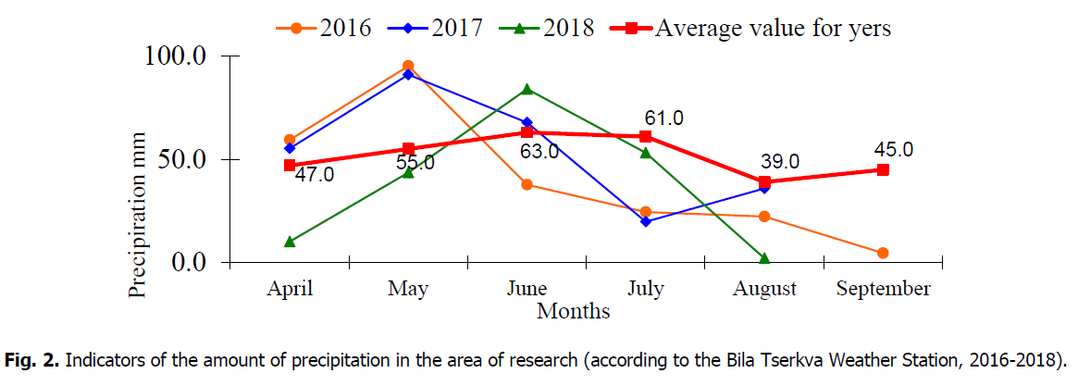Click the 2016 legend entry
tap(325, 28)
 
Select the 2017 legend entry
tap(435, 28)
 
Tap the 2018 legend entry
tap(547, 28)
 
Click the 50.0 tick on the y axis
tap(183, 159)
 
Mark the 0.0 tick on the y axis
tap(190, 263)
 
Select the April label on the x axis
tap(290, 289)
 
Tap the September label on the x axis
tap(883, 289)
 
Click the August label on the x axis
tap(764, 289)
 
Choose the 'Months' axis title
tap(573, 311)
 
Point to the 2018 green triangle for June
tap(527, 89)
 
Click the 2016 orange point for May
tap(408, 66)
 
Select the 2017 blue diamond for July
tap(645, 221)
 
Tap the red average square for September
tap(883, 169)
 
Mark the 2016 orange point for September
tap(883, 253)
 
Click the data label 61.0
tap(663, 118)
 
